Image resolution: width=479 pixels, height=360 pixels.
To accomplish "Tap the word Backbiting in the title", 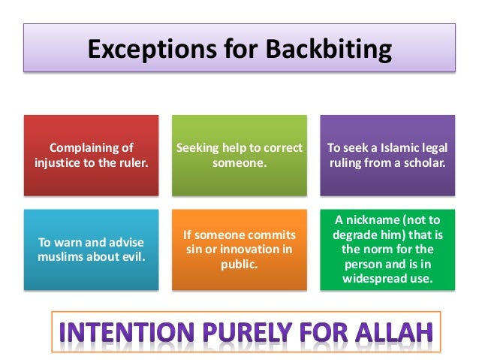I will pos(325,50).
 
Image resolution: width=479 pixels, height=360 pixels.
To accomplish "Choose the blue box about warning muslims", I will pos(91,250).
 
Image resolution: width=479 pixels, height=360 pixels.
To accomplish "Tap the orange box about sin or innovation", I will pos(239,250).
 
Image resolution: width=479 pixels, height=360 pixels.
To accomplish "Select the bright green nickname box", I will pos(387,250).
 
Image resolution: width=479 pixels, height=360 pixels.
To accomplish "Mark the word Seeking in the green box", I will pos(196,148).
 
